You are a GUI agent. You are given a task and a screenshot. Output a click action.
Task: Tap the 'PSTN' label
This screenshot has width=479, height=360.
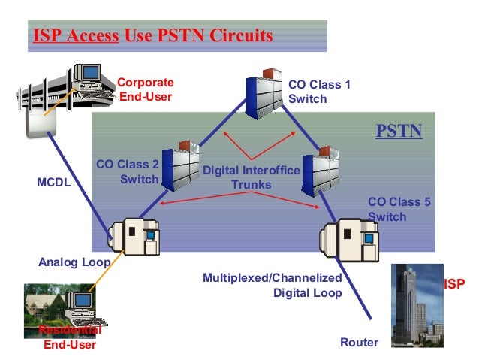point(399,133)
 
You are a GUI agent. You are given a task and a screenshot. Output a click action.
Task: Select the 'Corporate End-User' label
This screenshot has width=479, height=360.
point(145,89)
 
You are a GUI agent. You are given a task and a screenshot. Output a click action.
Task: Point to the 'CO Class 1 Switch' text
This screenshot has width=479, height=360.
point(319,92)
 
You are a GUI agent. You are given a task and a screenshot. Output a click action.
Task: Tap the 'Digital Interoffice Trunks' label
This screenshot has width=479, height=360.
point(251,177)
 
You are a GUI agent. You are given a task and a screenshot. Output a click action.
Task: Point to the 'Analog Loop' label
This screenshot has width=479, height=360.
point(74,262)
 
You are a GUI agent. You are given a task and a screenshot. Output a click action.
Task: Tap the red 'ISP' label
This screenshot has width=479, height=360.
point(455,285)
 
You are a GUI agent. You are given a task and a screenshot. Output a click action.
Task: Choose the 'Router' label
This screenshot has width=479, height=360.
point(360,343)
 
